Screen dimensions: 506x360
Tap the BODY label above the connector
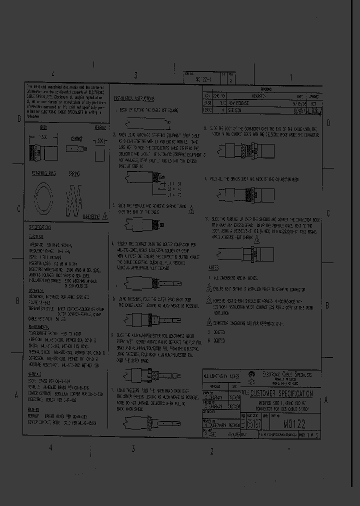pos(43,128)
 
